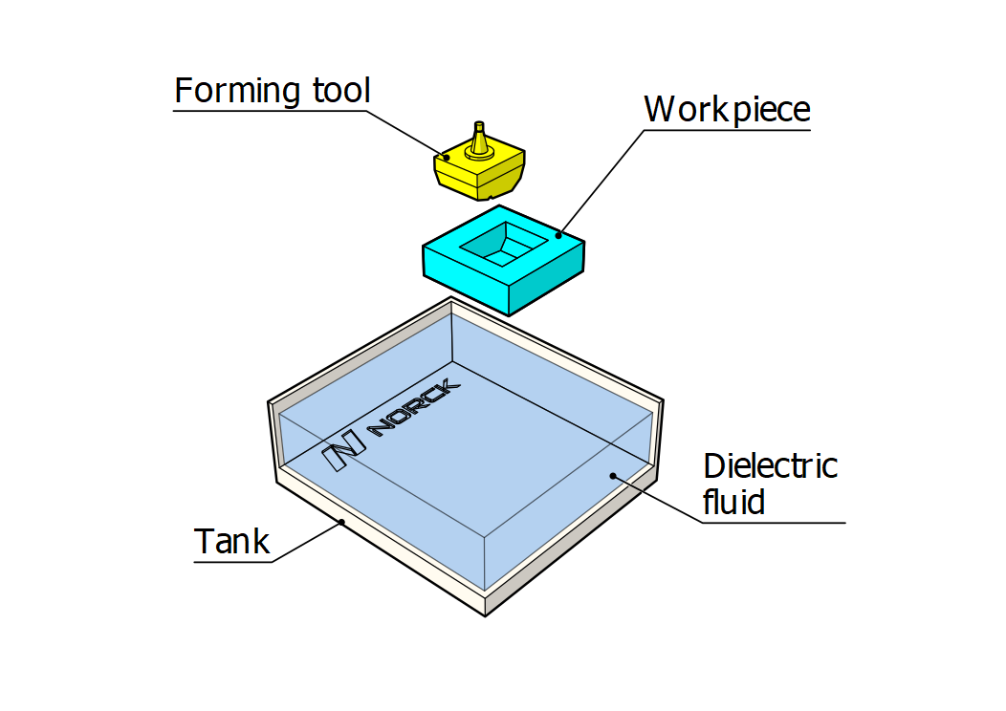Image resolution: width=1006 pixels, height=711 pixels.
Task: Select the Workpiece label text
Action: click(727, 110)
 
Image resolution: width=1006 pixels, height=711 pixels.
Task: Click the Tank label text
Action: click(232, 542)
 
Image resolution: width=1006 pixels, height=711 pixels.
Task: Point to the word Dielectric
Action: click(770, 466)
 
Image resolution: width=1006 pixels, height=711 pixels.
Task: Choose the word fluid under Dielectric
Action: click(733, 501)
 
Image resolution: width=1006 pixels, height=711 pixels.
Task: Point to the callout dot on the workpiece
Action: click(558, 233)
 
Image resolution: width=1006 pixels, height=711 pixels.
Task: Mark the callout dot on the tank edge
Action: click(341, 522)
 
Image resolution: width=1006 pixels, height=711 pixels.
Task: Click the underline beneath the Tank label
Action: click(233, 561)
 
